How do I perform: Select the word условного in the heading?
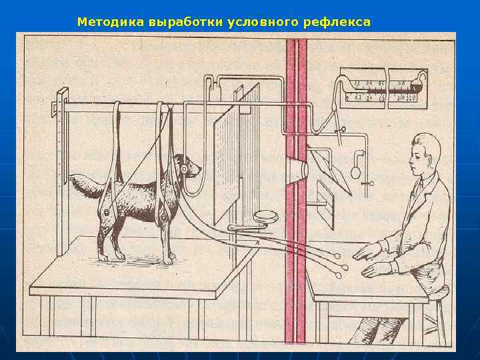(x=262, y=22)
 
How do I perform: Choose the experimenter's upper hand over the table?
(x=369, y=251)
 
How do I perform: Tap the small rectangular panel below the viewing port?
(x=326, y=204)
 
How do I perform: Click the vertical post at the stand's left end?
(x=61, y=173)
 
